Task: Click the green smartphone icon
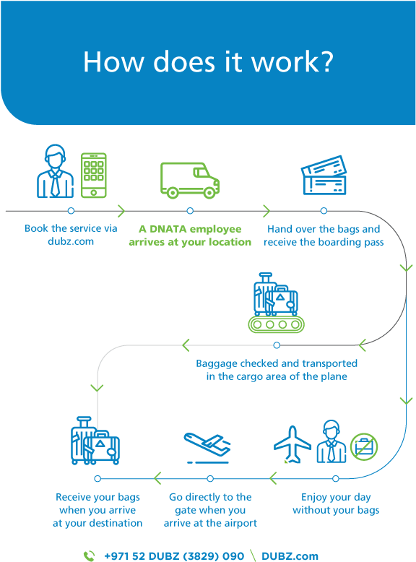[93, 176]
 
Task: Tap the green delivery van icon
[189, 181]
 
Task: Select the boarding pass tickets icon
[324, 176]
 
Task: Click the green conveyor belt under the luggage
[277, 324]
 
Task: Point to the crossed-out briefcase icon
[364, 446]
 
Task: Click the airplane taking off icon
[207, 448]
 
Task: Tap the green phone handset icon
[90, 556]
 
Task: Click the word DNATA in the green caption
[168, 229]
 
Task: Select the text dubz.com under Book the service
[71, 241]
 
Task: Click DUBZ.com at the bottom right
[290, 556]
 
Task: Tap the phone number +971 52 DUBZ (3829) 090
[174, 556]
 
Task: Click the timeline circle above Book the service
[71, 211]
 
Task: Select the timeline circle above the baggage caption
[277, 345]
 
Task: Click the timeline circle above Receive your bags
[97, 478]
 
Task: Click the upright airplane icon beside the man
[292, 444]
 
